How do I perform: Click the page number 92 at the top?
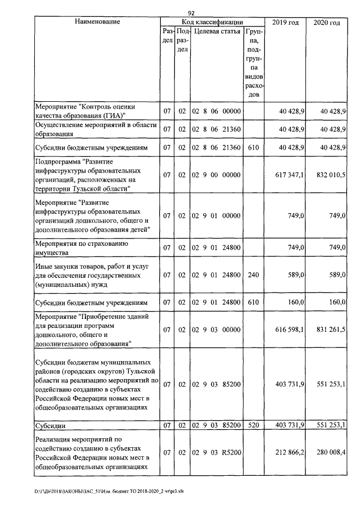(x=192, y=13)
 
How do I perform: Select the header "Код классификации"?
(x=212, y=21)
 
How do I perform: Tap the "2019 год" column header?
(x=286, y=22)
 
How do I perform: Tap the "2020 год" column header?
(x=326, y=22)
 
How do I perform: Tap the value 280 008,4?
(x=328, y=450)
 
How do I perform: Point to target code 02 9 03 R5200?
(x=217, y=450)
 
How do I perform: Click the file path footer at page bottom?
(x=112, y=491)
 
